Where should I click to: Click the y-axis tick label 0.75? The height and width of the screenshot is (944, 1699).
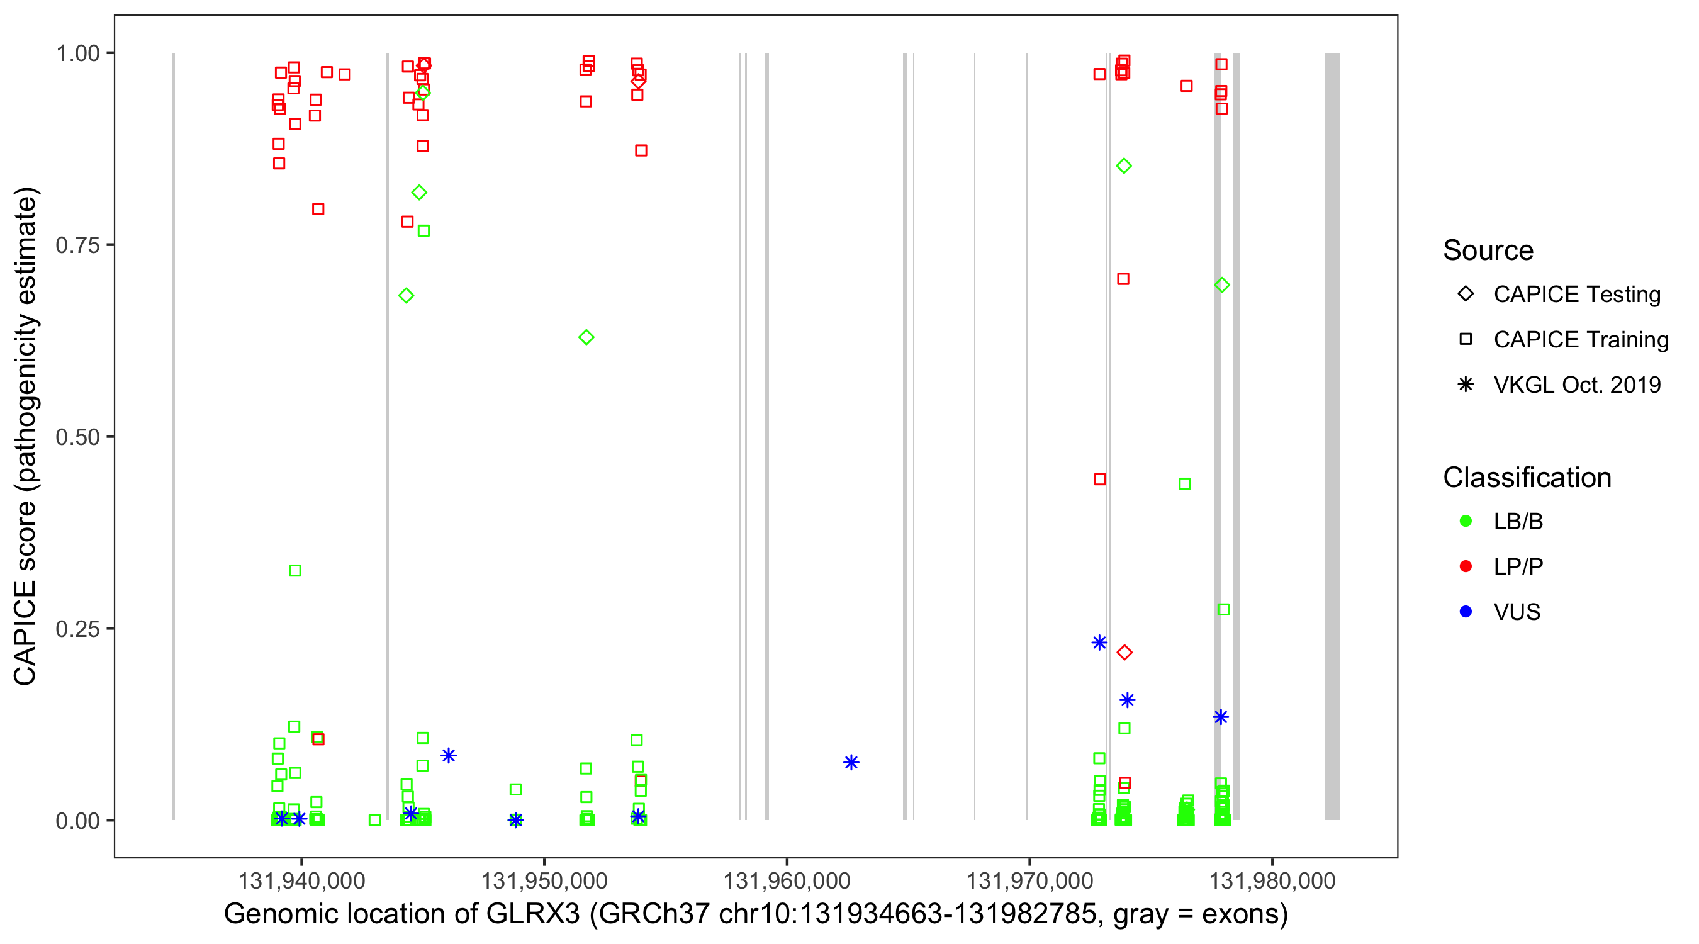[x=77, y=245]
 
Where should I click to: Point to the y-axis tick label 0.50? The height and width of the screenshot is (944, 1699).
[x=77, y=437]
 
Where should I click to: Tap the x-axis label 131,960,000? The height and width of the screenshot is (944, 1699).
[x=786, y=880]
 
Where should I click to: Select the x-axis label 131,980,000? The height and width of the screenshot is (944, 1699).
[x=1272, y=880]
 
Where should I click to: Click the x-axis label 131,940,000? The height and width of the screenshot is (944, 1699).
[x=301, y=880]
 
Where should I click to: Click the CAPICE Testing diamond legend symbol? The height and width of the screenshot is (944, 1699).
[x=1466, y=295]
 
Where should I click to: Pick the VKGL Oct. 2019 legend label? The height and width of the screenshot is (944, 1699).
[x=1577, y=385]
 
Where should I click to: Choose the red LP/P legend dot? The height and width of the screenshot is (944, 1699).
[x=1466, y=566]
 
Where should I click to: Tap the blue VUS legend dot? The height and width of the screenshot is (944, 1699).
[x=1466, y=612]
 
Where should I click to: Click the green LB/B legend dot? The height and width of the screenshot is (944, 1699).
[x=1466, y=521]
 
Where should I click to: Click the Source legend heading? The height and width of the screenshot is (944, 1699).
[x=1488, y=250]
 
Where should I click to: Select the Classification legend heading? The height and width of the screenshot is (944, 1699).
[x=1527, y=478]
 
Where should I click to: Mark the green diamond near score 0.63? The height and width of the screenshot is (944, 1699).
[x=586, y=337]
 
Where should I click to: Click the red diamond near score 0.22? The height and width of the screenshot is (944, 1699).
[x=1124, y=653]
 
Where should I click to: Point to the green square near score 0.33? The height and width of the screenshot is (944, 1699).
[x=295, y=571]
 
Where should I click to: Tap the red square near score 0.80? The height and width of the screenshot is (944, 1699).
[x=318, y=209]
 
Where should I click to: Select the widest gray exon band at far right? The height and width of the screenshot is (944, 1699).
[x=1332, y=435]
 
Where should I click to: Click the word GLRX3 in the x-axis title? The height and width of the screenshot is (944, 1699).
[x=533, y=914]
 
